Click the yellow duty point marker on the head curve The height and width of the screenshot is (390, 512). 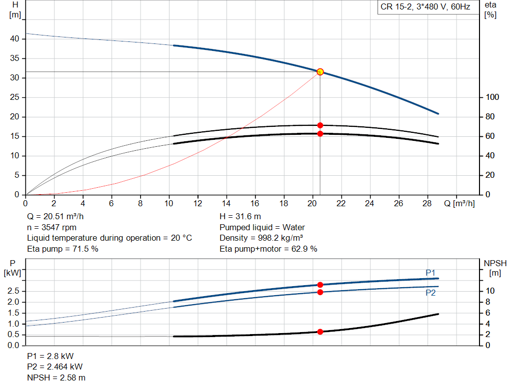(x=320, y=72)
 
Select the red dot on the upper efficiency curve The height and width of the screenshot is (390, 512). (x=320, y=125)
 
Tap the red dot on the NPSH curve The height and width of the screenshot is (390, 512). (x=320, y=332)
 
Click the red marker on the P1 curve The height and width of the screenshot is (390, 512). (x=320, y=285)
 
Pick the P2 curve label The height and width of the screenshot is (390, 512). (x=430, y=293)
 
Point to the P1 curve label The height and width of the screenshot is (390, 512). (x=430, y=272)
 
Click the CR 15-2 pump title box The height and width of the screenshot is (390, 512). (x=425, y=7)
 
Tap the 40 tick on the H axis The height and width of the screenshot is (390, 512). (x=15, y=39)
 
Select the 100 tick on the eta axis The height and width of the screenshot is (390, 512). (x=492, y=97)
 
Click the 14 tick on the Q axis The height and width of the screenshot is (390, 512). (x=226, y=204)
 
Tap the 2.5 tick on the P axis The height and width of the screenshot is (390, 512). (x=14, y=291)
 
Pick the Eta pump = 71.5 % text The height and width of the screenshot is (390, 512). (x=62, y=249)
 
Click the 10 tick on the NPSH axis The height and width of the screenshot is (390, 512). (x=490, y=291)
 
